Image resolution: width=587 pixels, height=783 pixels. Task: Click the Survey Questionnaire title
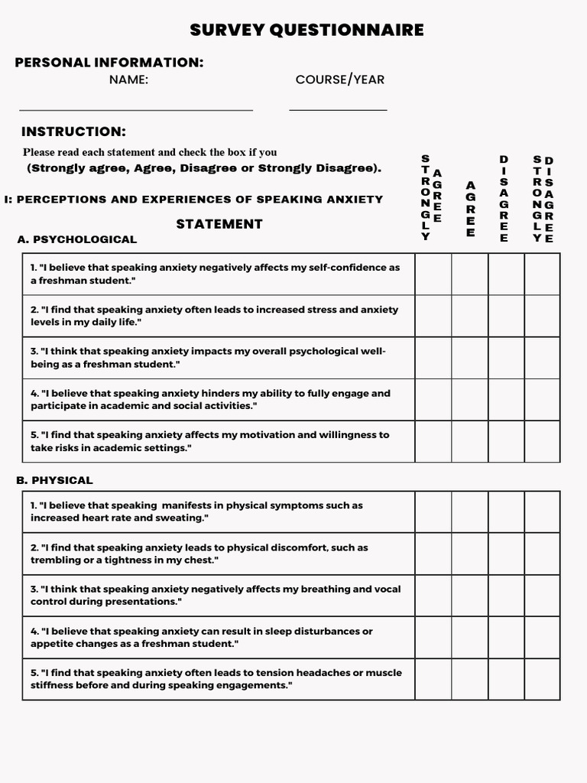306,30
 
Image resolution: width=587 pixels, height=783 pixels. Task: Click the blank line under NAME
135,110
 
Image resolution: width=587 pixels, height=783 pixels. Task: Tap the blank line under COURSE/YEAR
338,110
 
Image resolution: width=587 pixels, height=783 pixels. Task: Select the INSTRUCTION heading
73,132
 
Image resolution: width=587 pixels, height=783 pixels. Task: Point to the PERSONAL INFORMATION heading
109,63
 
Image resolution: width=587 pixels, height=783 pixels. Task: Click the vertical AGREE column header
470,210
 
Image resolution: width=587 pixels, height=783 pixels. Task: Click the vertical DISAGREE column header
504,199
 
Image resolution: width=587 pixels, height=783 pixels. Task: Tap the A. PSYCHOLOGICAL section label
76,239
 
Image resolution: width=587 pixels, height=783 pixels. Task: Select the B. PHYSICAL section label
54,480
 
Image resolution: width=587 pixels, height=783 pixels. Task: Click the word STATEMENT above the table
219,224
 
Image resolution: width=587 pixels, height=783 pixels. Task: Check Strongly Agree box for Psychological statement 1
433,275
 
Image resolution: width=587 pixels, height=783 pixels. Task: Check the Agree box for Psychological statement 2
470,316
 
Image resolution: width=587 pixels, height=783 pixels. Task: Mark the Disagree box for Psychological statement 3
506,358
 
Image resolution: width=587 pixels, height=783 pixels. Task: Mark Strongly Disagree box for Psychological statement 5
542,441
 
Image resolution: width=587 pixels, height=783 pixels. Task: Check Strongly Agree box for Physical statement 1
433,512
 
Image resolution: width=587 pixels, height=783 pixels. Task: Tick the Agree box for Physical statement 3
470,596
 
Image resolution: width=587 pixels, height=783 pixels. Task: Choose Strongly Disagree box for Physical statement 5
542,679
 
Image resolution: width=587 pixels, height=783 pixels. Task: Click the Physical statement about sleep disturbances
202,638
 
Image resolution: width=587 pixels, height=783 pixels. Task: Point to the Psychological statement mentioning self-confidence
215,275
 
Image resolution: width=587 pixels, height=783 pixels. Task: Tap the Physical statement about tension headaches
216,679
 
